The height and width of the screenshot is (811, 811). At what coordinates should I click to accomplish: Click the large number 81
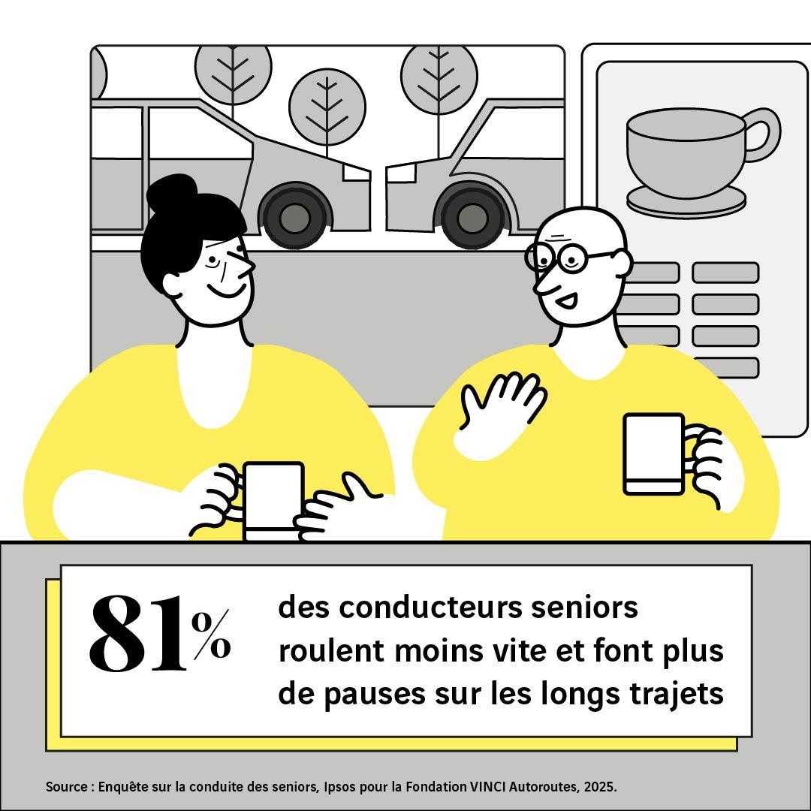[x=138, y=634]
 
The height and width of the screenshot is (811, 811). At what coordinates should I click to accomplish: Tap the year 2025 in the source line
[x=600, y=787]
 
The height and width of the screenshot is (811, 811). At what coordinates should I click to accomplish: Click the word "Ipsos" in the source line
[x=339, y=787]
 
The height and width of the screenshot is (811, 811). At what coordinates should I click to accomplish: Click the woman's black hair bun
[x=172, y=192]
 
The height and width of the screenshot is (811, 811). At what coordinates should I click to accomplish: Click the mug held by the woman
[x=273, y=501]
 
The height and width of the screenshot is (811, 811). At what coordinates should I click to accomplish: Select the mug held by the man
[x=654, y=454]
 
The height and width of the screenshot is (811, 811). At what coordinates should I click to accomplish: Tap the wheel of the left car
[x=295, y=216]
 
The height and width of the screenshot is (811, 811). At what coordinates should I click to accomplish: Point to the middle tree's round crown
[x=327, y=107]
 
